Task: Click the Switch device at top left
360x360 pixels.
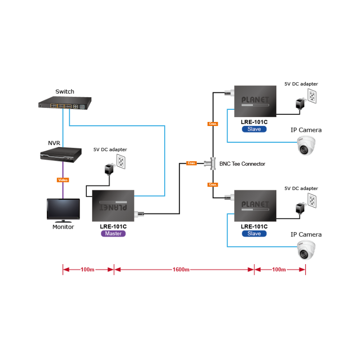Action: click(x=65, y=104)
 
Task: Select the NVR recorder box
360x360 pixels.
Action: click(x=62, y=154)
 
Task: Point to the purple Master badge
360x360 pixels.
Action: click(x=113, y=234)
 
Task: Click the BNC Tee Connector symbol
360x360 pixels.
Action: click(x=211, y=163)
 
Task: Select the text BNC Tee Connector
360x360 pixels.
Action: click(x=242, y=164)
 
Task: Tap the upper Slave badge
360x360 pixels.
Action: click(x=254, y=129)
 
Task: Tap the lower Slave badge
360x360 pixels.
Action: click(x=254, y=234)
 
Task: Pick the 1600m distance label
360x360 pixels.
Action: click(x=181, y=270)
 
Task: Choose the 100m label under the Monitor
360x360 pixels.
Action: click(x=87, y=270)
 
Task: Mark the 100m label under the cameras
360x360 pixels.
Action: click(x=279, y=270)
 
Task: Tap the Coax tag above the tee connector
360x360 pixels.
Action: click(x=213, y=123)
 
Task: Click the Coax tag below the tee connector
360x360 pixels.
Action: click(x=213, y=184)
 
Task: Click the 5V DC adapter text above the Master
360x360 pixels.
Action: click(x=110, y=149)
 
